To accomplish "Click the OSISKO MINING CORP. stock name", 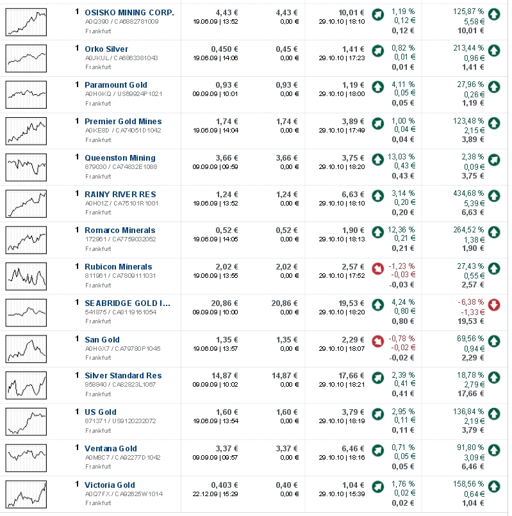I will coord(129,12).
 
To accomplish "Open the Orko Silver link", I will coord(106,49).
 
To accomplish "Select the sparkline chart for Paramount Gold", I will coord(26,94).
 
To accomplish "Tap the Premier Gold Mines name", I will coord(123,121).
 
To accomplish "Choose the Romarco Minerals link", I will coord(120,230).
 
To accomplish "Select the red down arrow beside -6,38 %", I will coord(494,305).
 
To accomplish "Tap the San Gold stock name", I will coord(102,339).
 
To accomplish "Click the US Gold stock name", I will coord(100,412).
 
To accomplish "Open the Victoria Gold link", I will coord(110,485).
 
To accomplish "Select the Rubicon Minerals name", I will coord(119,266).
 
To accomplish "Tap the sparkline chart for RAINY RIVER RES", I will coord(26,203).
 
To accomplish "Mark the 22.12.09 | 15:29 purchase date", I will coord(215,494).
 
